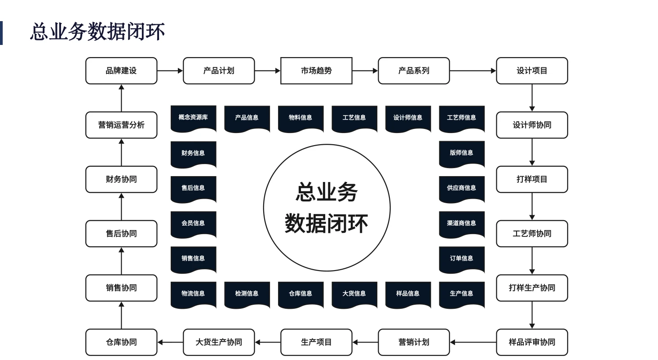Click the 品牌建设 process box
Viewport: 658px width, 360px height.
pyautogui.click(x=121, y=71)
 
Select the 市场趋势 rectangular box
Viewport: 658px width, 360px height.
pyautogui.click(x=316, y=71)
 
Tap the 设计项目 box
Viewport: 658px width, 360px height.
pyautogui.click(x=532, y=71)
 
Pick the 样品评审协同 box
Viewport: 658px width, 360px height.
pyautogui.click(x=532, y=342)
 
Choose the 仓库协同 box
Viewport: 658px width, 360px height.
pyautogui.click(x=121, y=342)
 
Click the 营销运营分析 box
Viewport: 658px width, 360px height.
pyautogui.click(x=121, y=125)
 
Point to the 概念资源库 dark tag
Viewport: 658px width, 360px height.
pyautogui.click(x=193, y=118)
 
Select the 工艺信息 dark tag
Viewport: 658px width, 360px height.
pyautogui.click(x=354, y=118)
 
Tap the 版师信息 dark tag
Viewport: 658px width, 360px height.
pyautogui.click(x=461, y=153)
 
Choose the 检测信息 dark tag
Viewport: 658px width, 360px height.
pyautogui.click(x=247, y=294)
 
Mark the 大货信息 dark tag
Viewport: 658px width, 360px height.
pyautogui.click(x=354, y=294)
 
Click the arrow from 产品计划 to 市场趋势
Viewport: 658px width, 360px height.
pyautogui.click(x=268, y=71)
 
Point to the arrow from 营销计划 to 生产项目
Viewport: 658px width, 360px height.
pyautogui.click(x=365, y=342)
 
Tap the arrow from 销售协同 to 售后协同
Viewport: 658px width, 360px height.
pyautogui.click(x=121, y=261)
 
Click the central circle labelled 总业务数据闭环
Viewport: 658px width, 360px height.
pyautogui.click(x=327, y=208)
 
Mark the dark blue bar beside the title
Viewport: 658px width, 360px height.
pyautogui.click(x=1, y=33)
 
